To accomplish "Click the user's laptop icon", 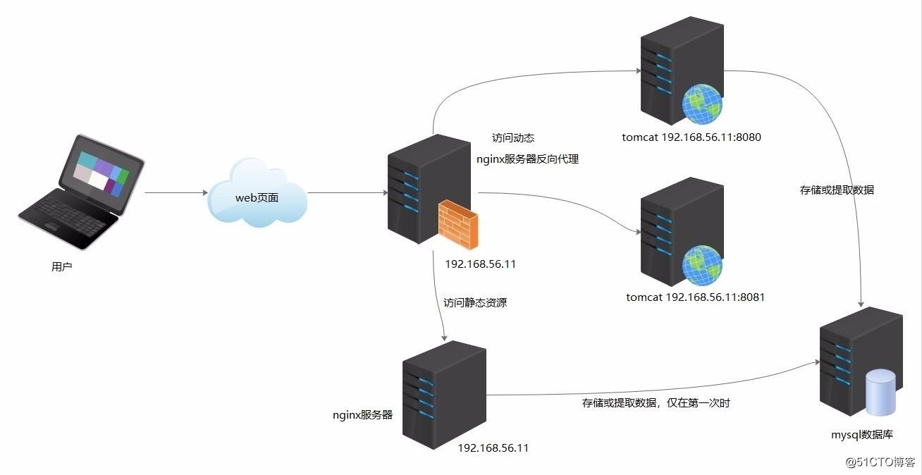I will pos(80,192).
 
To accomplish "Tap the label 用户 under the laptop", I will pos(62,266).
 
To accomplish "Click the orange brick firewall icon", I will pos(457,223).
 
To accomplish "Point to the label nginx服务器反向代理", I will pos(527,159).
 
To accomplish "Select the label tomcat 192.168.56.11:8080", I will pos(691,137).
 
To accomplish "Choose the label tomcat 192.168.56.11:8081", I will pos(695,297).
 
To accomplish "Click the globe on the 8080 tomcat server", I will pos(702,104).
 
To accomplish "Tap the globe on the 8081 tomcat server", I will pos(702,265).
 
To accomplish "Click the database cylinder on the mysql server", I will pos(880,392).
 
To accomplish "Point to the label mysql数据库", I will pos(866,435).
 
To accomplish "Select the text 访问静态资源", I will pos(474,302).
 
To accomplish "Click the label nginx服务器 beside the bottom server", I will pos(362,415).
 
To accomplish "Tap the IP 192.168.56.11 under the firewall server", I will pos(481,264).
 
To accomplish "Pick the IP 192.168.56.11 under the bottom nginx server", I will pos(493,448).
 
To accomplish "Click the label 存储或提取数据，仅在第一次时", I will pos(660,403).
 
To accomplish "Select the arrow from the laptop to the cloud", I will pos(176,192).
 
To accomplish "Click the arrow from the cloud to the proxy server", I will pos(345,192).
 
